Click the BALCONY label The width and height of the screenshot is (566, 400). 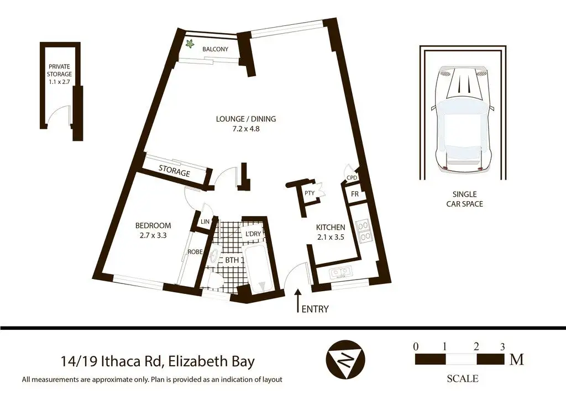pyautogui.click(x=215, y=49)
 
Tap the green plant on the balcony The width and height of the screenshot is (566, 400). pyautogui.click(x=189, y=44)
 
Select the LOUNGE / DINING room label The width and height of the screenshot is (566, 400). pyautogui.click(x=246, y=119)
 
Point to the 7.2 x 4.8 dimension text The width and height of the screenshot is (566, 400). pyautogui.click(x=246, y=128)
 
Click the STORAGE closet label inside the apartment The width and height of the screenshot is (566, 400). pyautogui.click(x=174, y=171)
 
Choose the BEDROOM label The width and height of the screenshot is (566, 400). pyautogui.click(x=153, y=226)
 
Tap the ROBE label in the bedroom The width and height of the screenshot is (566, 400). pyautogui.click(x=195, y=252)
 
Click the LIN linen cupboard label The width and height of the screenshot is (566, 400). pyautogui.click(x=205, y=222)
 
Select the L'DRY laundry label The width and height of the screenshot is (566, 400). pyautogui.click(x=253, y=234)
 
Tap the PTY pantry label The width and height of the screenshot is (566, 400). pyautogui.click(x=310, y=193)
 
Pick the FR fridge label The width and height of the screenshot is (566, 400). pyautogui.click(x=355, y=194)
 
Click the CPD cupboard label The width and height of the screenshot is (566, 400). pyautogui.click(x=352, y=178)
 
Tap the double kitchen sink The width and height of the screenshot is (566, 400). pyautogui.click(x=340, y=271)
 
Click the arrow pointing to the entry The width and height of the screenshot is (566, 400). pyautogui.click(x=298, y=300)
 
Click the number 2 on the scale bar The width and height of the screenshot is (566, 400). pyautogui.click(x=476, y=347)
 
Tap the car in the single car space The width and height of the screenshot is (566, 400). pyautogui.click(x=464, y=119)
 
